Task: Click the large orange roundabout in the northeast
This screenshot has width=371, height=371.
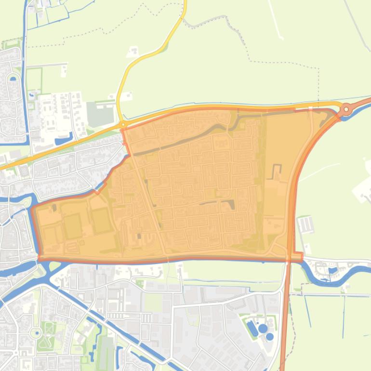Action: pyautogui.click(x=345, y=110)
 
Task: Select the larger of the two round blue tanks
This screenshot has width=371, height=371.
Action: pyautogui.click(x=263, y=329)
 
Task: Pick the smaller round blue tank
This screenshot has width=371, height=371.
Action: pyautogui.click(x=270, y=337)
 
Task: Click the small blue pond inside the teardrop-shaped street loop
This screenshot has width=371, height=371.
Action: pyautogui.click(x=13, y=79)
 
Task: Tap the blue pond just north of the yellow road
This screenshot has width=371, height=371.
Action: pyautogui.click(x=63, y=141)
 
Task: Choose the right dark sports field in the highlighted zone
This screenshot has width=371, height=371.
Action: pyautogui.click(x=101, y=221)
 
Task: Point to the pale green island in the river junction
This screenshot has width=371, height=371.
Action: pyautogui.click(x=53, y=266)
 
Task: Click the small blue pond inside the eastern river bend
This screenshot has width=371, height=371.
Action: pyautogui.click(x=333, y=270)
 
